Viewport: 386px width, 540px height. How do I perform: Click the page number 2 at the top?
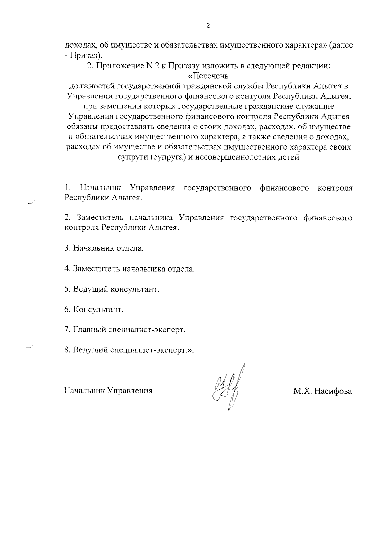pyautogui.click(x=208, y=26)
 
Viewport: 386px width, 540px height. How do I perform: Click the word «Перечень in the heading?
pyautogui.click(x=208, y=76)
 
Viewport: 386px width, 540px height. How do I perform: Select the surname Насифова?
pyautogui.click(x=333, y=391)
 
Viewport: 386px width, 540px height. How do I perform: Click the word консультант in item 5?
pyautogui.click(x=135, y=289)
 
